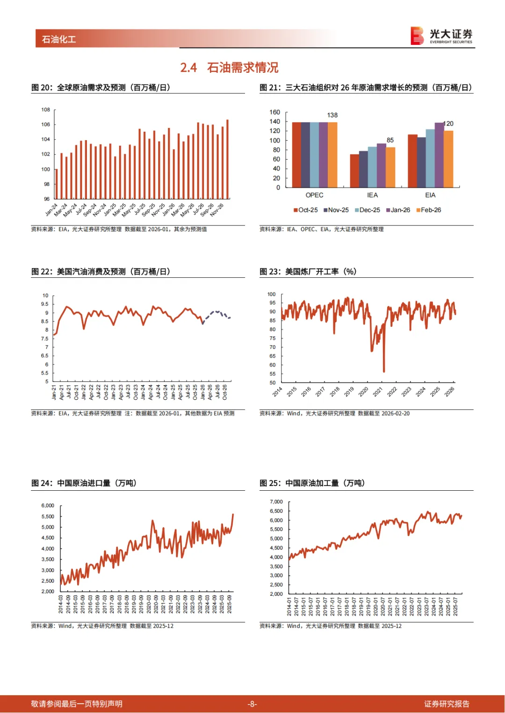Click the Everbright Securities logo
(x=441, y=35)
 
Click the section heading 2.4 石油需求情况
(x=229, y=68)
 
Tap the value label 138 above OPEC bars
(x=332, y=115)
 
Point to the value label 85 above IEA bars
(x=390, y=140)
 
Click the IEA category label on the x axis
(x=372, y=195)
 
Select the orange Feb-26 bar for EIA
(x=448, y=159)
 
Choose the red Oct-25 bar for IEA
(x=354, y=170)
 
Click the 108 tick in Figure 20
(x=45, y=110)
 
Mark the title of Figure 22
(x=101, y=271)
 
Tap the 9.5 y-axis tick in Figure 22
(x=45, y=304)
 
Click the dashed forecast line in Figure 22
(x=216, y=312)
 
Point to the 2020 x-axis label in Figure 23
(x=363, y=392)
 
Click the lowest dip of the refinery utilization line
(x=384, y=371)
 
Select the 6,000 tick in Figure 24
(x=48, y=506)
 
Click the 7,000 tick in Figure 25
(x=276, y=502)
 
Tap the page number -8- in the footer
(x=252, y=704)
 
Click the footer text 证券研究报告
(x=447, y=704)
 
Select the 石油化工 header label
(x=59, y=39)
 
